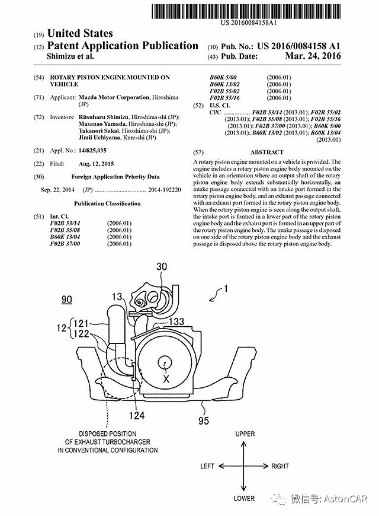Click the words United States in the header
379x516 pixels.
[80, 33]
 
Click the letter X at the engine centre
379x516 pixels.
[167, 377]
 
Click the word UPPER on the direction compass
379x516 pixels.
[245, 434]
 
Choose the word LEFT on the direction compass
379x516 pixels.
[207, 466]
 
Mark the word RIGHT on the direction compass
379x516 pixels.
[281, 466]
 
